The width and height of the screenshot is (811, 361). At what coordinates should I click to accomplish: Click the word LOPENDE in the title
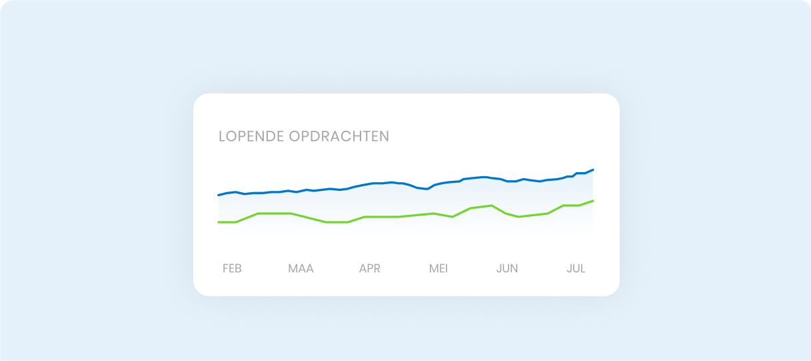(251, 137)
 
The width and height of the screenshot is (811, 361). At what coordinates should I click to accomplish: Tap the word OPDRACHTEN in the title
(339, 137)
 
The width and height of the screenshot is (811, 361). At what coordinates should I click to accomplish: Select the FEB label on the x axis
(232, 269)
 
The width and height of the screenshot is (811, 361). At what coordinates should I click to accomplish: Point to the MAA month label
(301, 269)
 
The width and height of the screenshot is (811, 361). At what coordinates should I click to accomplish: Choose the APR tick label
(370, 269)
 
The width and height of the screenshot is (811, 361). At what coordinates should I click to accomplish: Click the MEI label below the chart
(438, 269)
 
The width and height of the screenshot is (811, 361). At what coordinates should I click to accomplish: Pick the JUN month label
(507, 269)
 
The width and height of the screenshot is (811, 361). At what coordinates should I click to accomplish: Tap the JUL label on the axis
(576, 269)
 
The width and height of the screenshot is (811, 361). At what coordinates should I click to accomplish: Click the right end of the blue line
(593, 169)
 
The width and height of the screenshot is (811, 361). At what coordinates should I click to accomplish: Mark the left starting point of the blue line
(219, 195)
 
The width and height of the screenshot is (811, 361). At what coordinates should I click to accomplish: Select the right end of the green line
(593, 201)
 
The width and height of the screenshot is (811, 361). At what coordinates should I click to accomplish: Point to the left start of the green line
(219, 222)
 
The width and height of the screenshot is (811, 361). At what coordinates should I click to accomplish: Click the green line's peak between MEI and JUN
(491, 206)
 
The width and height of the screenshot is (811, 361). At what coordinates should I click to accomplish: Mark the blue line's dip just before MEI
(426, 189)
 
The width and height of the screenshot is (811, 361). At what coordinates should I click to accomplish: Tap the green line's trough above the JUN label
(518, 217)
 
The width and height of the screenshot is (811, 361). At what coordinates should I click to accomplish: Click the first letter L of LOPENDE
(222, 137)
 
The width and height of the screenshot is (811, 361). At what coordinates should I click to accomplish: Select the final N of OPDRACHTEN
(385, 137)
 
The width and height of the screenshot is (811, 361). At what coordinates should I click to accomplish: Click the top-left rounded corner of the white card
(198, 98)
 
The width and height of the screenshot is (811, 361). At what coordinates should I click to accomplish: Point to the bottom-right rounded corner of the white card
(615, 292)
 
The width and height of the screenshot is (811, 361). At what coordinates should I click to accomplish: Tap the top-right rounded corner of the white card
(615, 98)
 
